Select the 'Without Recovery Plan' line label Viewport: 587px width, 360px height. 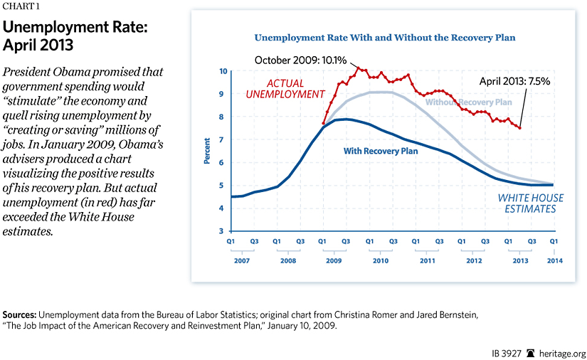(468, 102)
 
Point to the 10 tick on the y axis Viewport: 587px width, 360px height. (222, 71)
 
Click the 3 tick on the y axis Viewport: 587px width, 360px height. (223, 231)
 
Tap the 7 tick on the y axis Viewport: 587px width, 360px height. (223, 139)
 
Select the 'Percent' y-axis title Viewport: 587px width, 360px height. (207, 152)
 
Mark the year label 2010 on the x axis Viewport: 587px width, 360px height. (381, 260)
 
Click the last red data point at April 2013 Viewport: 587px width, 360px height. (519, 127)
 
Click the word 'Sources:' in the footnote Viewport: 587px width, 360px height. (19, 314)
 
